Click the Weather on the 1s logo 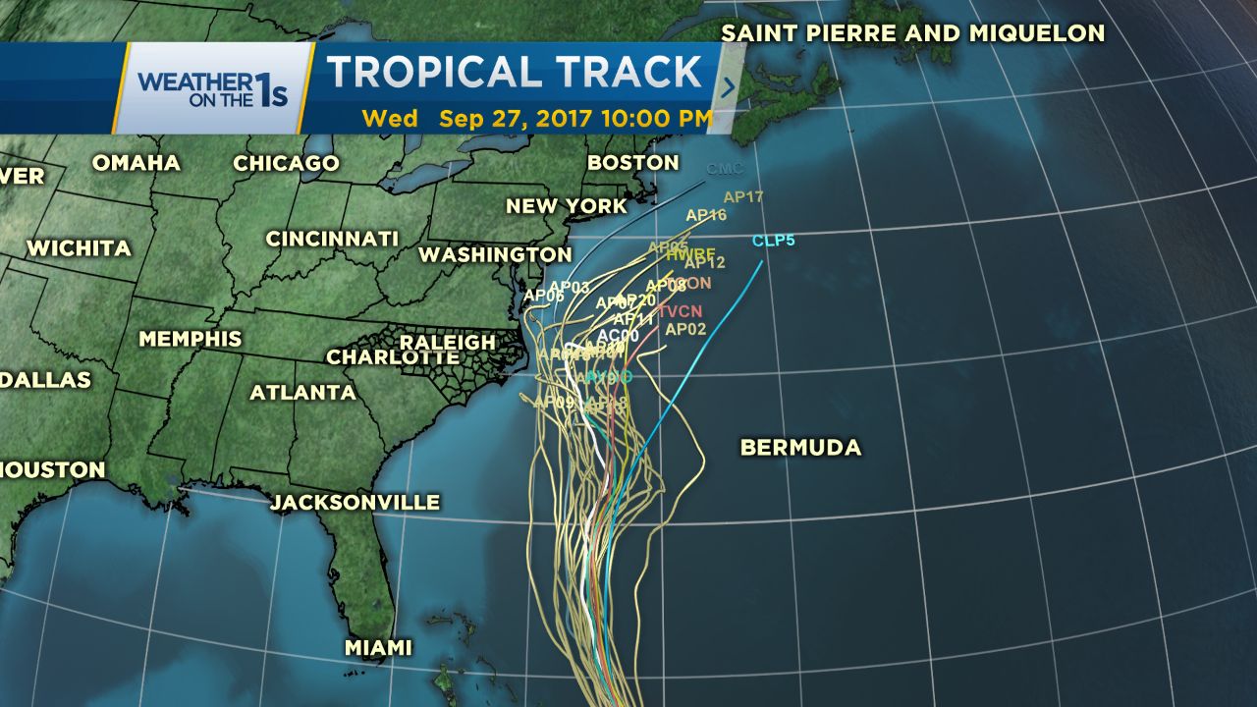click(x=212, y=87)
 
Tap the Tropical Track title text click(x=514, y=73)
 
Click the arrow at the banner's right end click(x=728, y=87)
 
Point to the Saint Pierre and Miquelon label click(x=913, y=33)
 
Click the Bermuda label click(x=800, y=448)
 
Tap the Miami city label click(x=378, y=648)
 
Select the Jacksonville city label click(x=355, y=503)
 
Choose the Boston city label click(x=632, y=162)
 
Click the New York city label click(x=567, y=206)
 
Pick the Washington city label click(x=495, y=254)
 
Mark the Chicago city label click(x=286, y=164)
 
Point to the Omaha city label click(x=137, y=163)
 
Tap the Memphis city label click(x=190, y=339)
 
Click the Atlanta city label click(x=302, y=393)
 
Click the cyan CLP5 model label click(x=774, y=241)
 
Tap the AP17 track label click(x=743, y=197)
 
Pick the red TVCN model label click(x=681, y=311)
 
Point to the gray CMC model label click(x=725, y=169)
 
